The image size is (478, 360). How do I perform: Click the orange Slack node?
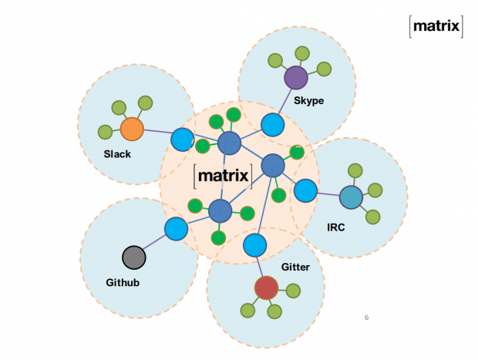[x=133, y=129]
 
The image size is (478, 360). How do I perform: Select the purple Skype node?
[x=296, y=77]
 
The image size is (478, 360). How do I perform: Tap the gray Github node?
[x=133, y=257]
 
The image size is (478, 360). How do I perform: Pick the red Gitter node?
[x=266, y=288]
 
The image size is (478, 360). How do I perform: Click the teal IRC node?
[x=351, y=197]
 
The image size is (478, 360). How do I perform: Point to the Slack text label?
[x=117, y=154]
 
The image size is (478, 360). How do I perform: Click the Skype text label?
[x=308, y=101]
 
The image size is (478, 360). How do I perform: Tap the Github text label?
[x=123, y=283]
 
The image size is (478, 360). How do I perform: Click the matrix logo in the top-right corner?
[x=436, y=27]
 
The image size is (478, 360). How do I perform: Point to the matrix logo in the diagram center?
[x=223, y=176]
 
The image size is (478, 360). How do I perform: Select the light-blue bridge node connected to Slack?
[x=182, y=140]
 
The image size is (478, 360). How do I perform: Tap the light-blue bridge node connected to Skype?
[x=271, y=124]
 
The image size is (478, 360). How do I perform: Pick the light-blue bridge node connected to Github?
[x=176, y=229]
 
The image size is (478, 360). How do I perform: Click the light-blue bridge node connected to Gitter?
[x=255, y=245]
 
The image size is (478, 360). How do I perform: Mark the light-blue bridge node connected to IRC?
[x=305, y=190]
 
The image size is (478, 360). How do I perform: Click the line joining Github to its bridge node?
[x=154, y=243]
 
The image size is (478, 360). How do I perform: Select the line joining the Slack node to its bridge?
[x=157, y=134]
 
